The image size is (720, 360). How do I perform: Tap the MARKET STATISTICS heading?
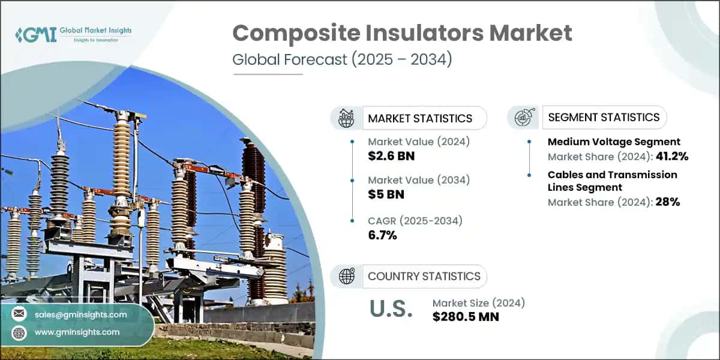tap(419, 118)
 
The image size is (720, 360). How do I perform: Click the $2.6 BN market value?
tap(391, 156)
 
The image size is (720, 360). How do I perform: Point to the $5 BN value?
tap(386, 194)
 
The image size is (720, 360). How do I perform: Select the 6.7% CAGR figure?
tap(382, 235)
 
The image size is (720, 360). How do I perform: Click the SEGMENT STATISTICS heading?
tap(604, 117)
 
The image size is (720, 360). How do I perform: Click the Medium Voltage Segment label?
tap(614, 142)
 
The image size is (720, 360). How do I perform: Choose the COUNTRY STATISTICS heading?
tap(424, 276)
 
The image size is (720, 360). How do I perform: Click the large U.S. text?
tap(391, 308)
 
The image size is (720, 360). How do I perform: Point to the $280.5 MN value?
tap(466, 316)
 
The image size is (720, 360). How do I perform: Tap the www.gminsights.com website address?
tap(77, 332)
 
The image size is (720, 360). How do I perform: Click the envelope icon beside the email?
tap(19, 314)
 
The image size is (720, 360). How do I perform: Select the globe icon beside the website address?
tap(19, 332)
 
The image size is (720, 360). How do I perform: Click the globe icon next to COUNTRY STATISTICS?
tap(347, 276)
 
